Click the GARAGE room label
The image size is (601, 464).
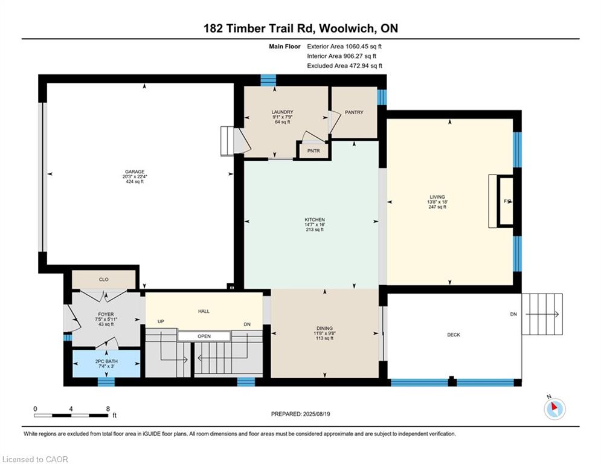[x=135, y=172]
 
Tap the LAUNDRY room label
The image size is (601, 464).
[x=282, y=112]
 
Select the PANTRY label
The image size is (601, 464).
[x=354, y=112]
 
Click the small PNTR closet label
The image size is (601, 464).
[x=313, y=150]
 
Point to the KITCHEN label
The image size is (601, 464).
[x=315, y=220]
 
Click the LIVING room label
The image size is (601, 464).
[x=437, y=197]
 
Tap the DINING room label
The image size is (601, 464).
[x=324, y=328]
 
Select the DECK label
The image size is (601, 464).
[x=454, y=335]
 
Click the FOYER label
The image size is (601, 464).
[x=106, y=314]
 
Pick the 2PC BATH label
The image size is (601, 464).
[x=106, y=361]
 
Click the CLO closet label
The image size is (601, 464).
[x=104, y=280]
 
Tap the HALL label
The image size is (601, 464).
[x=204, y=311]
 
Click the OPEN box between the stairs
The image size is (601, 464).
[x=204, y=337]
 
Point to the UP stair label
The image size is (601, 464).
[x=161, y=321]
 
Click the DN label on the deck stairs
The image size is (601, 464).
[x=513, y=314]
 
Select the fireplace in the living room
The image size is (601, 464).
[x=505, y=201]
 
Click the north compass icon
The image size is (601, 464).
[x=554, y=409]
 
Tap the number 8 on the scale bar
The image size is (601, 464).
[x=108, y=409]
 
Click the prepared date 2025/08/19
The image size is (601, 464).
[x=317, y=414]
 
